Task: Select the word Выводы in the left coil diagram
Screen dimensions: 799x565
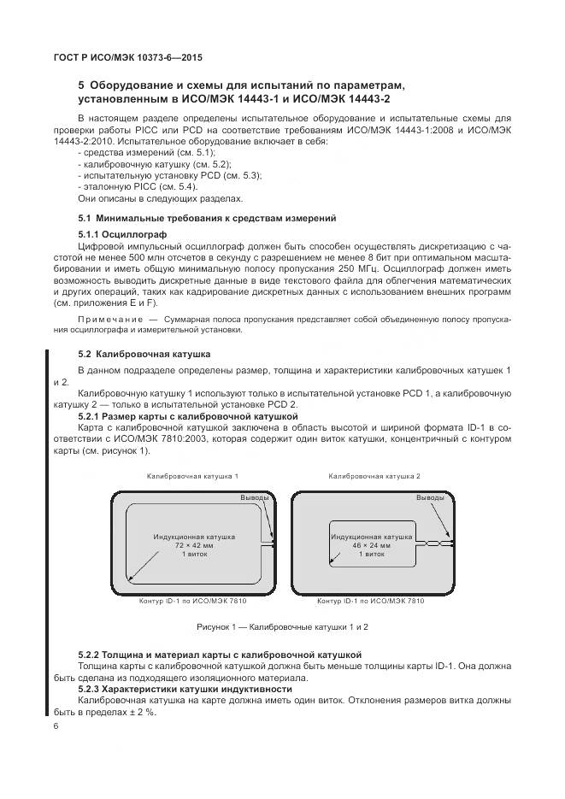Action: tap(254, 496)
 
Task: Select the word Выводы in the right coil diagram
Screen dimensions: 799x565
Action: tap(429, 496)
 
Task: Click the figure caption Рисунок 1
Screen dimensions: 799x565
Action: tap(282, 626)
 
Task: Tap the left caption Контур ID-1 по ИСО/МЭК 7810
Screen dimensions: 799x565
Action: tap(193, 602)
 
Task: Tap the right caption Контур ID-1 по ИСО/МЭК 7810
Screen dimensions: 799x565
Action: tap(370, 602)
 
